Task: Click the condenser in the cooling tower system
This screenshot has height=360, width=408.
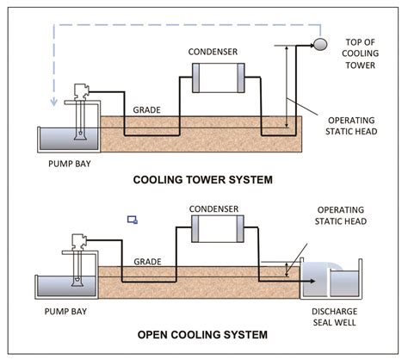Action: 219,78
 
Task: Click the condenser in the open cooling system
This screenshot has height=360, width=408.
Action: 218,229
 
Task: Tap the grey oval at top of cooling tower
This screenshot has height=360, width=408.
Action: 320,44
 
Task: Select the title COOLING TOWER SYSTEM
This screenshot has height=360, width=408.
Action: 203,180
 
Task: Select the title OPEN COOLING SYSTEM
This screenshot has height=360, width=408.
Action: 202,335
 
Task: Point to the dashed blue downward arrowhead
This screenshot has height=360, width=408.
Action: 53,102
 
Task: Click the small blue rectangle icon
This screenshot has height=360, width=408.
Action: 133,220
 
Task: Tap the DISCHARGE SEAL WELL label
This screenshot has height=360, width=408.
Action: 335,317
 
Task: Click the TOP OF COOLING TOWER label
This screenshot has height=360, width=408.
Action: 361,53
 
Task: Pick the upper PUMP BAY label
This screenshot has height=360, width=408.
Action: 70,164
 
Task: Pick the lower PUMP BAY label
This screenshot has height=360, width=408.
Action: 65,312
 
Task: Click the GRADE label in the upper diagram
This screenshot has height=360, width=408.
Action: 146,110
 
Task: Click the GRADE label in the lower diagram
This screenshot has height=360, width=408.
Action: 147,262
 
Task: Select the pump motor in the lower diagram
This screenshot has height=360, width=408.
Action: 79,242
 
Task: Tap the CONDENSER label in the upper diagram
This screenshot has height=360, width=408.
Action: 213,52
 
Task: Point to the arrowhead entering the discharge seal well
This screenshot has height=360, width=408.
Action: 312,281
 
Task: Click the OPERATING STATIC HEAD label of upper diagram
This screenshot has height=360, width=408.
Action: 351,126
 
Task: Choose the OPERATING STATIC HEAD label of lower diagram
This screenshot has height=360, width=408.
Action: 341,215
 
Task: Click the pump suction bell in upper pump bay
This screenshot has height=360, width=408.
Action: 80,135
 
